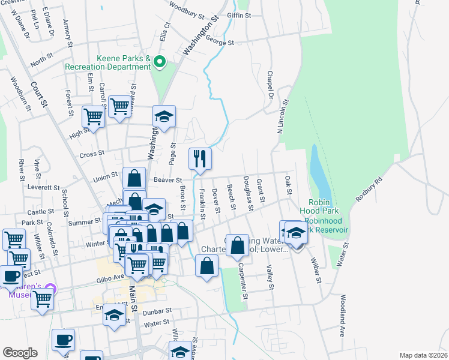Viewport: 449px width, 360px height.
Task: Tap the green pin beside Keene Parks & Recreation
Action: [160, 61]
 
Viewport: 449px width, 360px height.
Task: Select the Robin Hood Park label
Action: [324, 206]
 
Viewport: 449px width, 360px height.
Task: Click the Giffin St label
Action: [239, 15]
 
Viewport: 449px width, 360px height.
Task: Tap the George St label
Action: [219, 42]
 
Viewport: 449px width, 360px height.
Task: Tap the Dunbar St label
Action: [160, 311]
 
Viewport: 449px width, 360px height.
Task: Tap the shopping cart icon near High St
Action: [93, 116]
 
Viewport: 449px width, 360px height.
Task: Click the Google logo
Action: [20, 353]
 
